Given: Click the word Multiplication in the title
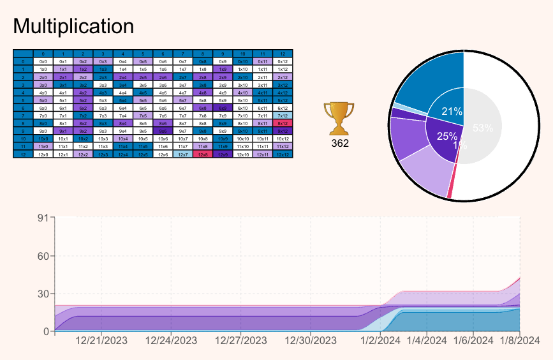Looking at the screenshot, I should pyautogui.click(x=73, y=26).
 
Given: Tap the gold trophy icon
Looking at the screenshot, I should pyautogui.click(x=340, y=119).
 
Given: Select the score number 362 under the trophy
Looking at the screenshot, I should pyautogui.click(x=340, y=143).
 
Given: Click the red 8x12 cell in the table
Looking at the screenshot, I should pyautogui.click(x=281, y=123).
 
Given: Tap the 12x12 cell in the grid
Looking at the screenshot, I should pyautogui.click(x=281, y=154).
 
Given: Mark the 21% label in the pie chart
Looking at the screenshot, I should pyautogui.click(x=452, y=112).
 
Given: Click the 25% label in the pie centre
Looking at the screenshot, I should pyautogui.click(x=448, y=135).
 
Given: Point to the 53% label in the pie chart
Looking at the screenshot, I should pyautogui.click(x=483, y=128).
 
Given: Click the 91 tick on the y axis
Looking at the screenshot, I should pyautogui.click(x=43, y=218).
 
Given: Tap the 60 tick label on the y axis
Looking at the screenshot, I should pyautogui.click(x=43, y=256).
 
